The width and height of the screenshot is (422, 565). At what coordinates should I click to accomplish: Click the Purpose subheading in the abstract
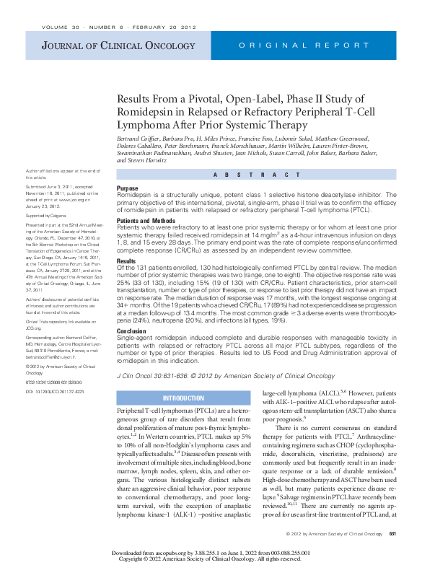128,188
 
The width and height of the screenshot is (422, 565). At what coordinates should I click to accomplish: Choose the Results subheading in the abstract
126,260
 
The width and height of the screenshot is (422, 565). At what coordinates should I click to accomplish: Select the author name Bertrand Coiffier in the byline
139,138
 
